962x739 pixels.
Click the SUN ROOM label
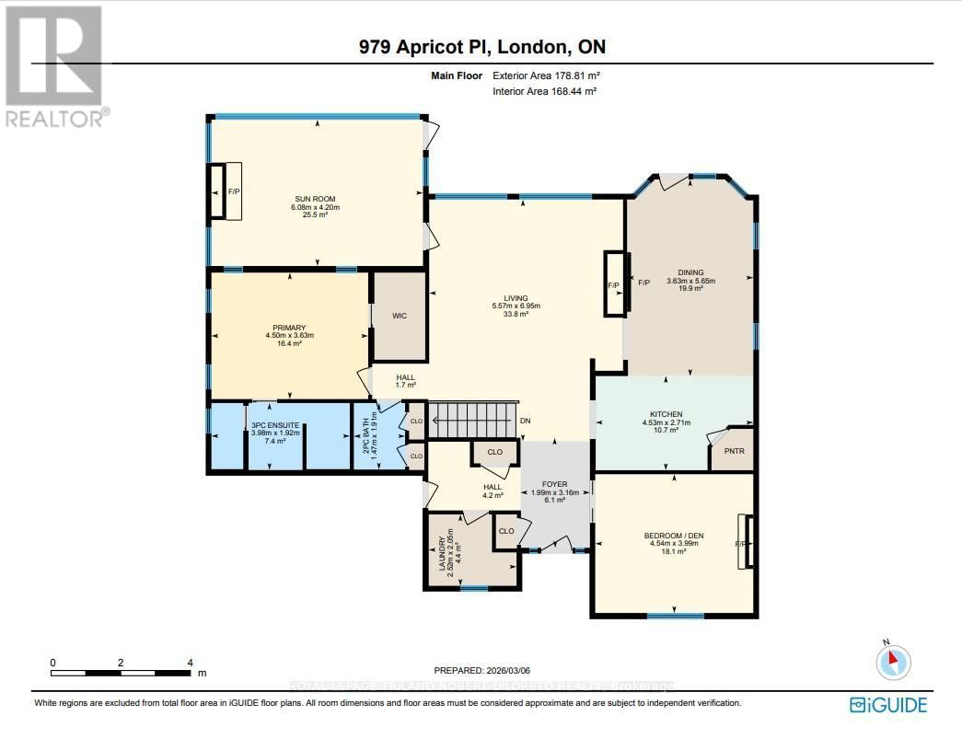[x=315, y=199]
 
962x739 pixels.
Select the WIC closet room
[x=400, y=316]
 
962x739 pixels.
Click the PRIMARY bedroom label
[x=288, y=328]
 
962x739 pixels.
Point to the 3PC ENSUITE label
[x=268, y=424]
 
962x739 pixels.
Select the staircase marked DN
[x=474, y=421]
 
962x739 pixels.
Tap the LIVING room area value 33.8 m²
[x=515, y=315]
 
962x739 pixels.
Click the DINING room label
[x=690, y=272]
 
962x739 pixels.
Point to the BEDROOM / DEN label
[x=674, y=534]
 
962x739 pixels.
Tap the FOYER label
[x=554, y=484]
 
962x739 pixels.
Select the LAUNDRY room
[x=458, y=550]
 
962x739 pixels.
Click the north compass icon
[x=892, y=662]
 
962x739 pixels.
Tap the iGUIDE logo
[x=888, y=705]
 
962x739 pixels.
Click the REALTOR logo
[x=55, y=64]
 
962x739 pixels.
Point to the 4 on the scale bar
[x=189, y=663]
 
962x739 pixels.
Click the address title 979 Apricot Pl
[x=483, y=47]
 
